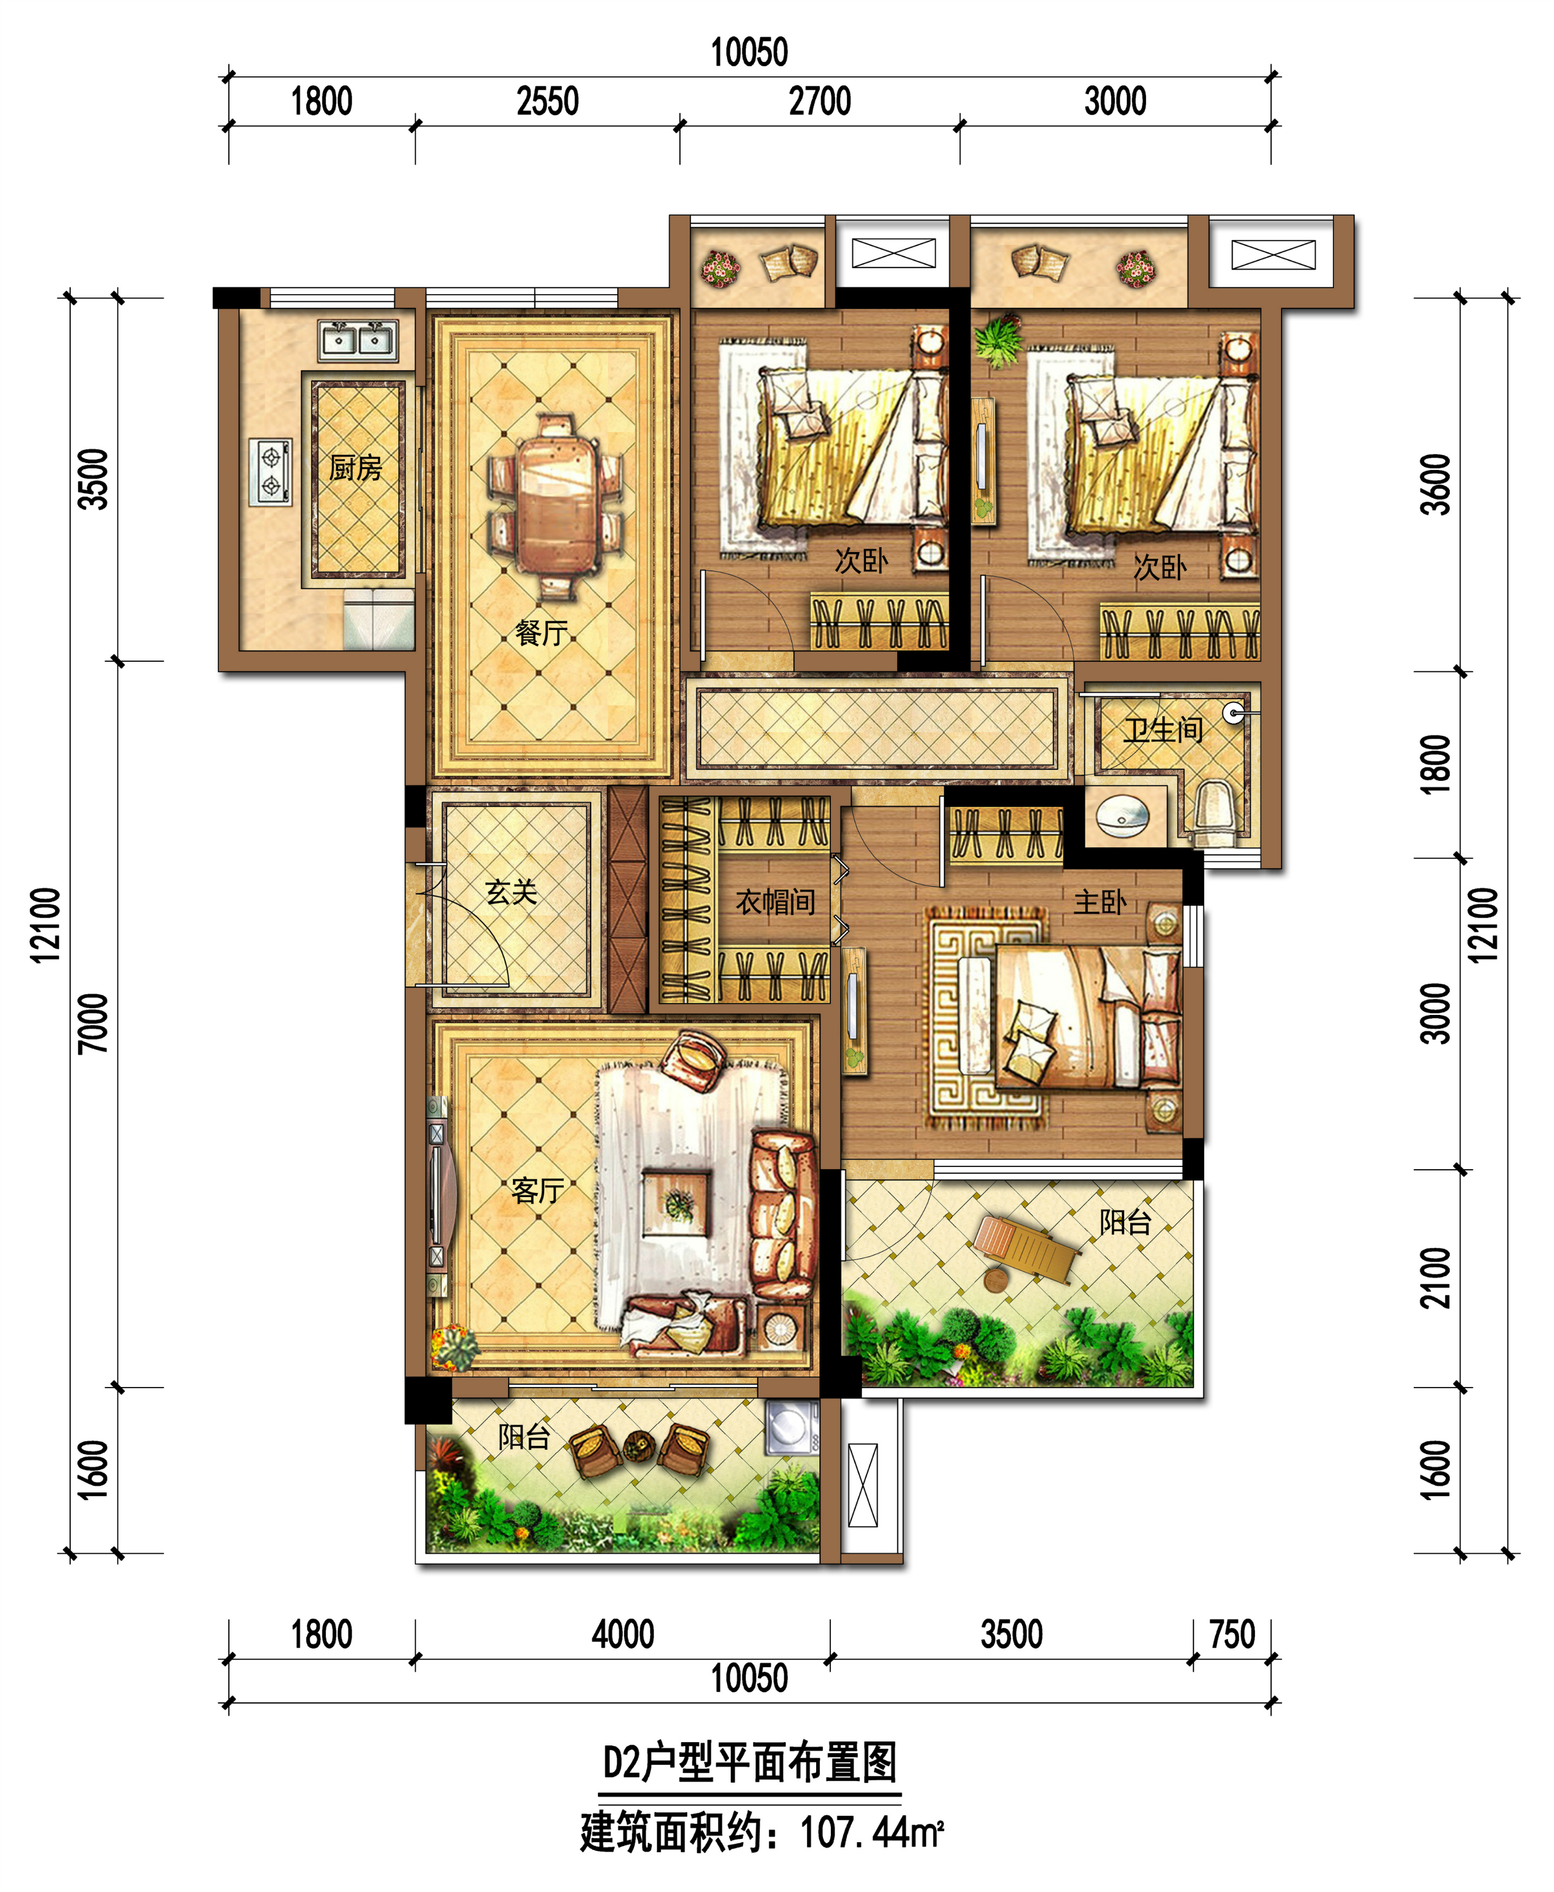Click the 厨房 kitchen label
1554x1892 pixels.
click(355, 467)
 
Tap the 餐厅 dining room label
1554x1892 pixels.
click(542, 633)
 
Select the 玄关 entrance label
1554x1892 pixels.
click(511, 892)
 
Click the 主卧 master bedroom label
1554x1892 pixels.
click(1100, 902)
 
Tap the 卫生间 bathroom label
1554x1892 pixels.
click(1164, 731)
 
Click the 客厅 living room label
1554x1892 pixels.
click(537, 1191)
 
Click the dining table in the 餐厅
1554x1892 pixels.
click(556, 507)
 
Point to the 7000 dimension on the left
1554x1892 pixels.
click(93, 1024)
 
